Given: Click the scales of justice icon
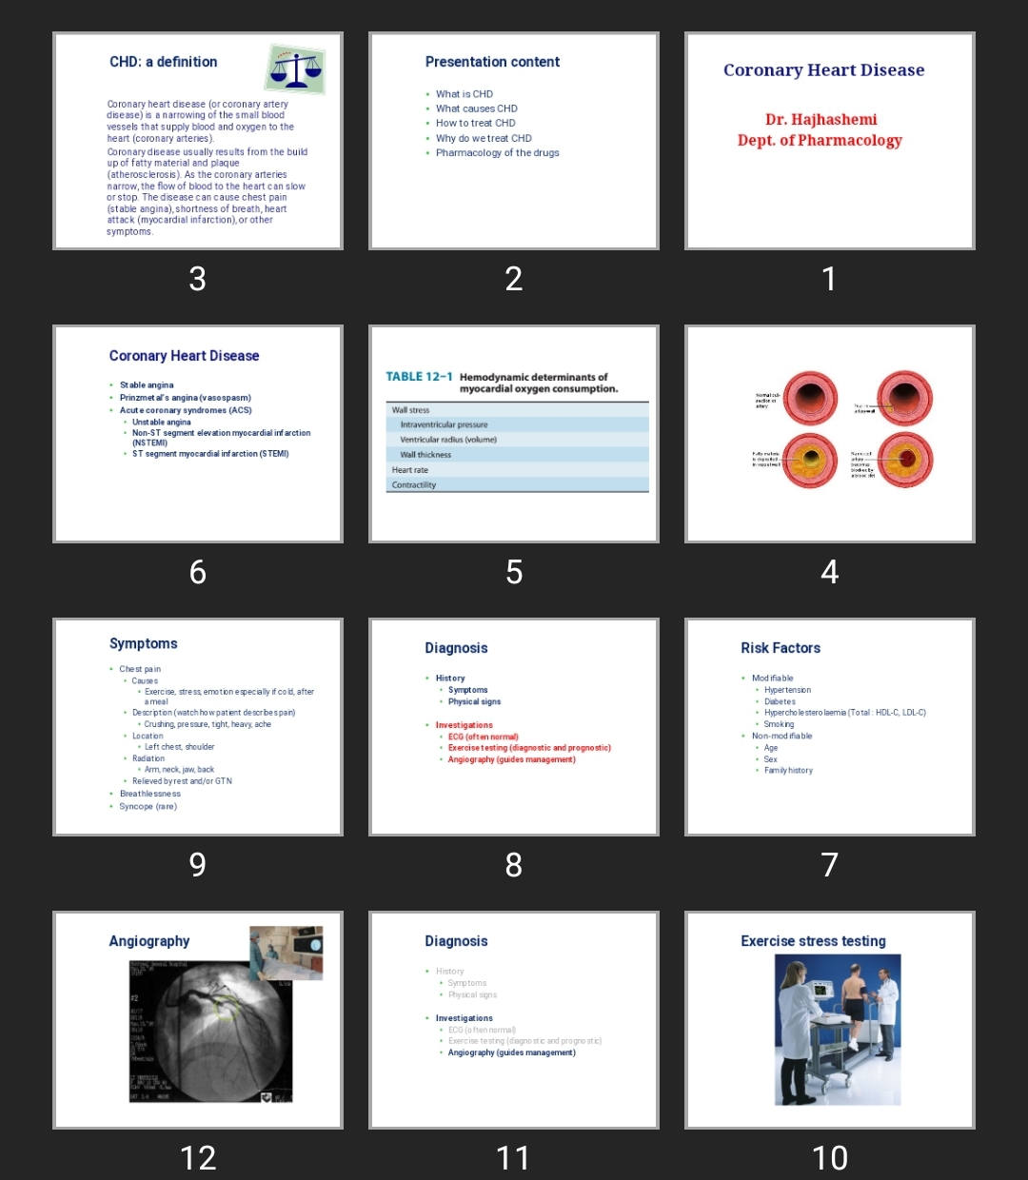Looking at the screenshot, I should [295, 69].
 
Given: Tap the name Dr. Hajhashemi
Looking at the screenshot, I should [820, 120].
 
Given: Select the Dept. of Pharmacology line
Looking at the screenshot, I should [820, 141].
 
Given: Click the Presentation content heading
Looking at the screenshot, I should [492, 62].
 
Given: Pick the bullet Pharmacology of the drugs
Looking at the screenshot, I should [497, 152].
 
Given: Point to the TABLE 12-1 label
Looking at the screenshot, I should [419, 377].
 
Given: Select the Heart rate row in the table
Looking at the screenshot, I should [410, 470].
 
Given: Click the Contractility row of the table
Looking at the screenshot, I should [414, 485].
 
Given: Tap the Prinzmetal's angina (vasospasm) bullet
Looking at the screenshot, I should [185, 398].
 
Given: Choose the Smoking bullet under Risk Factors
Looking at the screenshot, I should [779, 724].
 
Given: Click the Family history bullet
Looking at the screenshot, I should [788, 771].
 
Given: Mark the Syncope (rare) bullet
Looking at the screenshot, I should [148, 806].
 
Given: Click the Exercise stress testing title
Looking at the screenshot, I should [813, 941].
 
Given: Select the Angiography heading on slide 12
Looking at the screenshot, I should [149, 941].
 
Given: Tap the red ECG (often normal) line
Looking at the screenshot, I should [484, 737].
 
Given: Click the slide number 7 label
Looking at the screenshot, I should [829, 864].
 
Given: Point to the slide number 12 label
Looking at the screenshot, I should [198, 1157].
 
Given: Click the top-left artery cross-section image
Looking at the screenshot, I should [810, 398].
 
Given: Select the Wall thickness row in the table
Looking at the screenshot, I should [425, 455].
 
